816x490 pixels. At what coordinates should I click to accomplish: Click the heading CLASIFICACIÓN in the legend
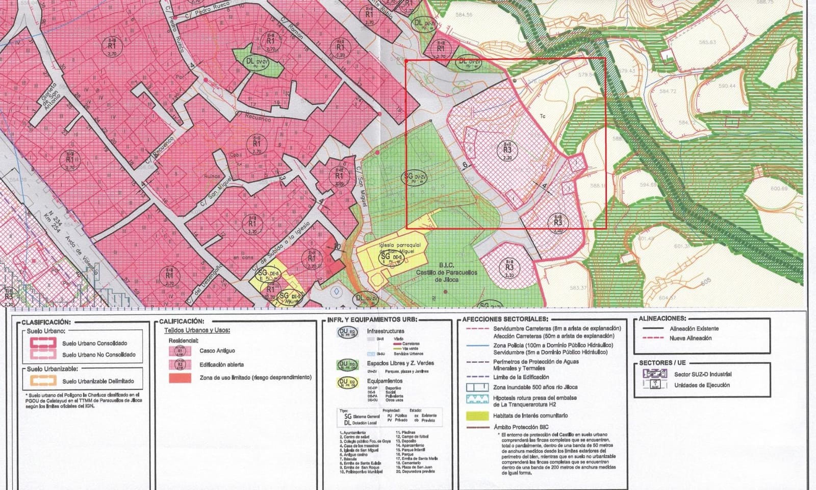tap(45, 323)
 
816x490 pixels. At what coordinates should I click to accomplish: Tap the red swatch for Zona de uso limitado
tap(180, 378)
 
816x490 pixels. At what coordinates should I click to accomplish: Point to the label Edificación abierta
tap(221, 364)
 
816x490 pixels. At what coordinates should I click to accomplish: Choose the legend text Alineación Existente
tap(694, 329)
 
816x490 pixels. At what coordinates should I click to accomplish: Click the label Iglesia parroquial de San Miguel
tap(400, 248)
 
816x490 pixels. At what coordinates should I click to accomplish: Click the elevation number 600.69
tap(779, 189)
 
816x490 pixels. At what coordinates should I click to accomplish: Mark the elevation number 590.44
tap(726, 86)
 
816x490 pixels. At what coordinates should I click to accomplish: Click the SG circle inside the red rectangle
tap(414, 178)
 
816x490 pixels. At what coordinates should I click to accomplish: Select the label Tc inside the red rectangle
tap(543, 116)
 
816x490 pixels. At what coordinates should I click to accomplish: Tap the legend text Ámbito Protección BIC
tap(521, 427)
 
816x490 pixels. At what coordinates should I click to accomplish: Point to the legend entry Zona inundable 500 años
tap(528, 388)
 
